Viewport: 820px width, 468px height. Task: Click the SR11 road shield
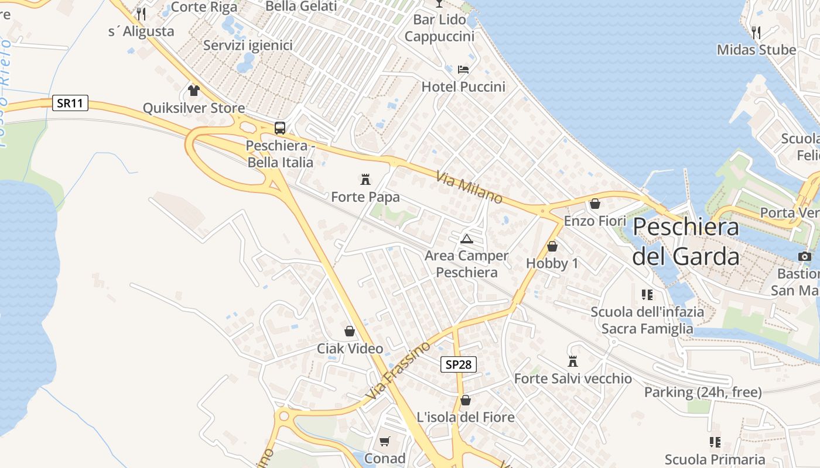point(70,104)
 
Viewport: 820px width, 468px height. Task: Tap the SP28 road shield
point(458,364)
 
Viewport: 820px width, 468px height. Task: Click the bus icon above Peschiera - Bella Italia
point(280,128)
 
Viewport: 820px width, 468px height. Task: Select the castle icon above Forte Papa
point(365,179)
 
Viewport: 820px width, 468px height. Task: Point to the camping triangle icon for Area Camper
point(466,238)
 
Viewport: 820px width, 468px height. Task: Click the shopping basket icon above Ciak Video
point(350,331)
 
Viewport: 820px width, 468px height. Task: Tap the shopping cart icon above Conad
point(384,441)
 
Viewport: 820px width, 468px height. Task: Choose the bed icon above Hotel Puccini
point(463,69)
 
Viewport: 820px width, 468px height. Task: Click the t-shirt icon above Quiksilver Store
point(194,90)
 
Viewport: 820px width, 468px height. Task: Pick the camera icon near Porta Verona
point(805,256)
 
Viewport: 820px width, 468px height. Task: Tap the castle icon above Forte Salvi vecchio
point(573,361)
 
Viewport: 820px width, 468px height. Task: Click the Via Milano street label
point(469,187)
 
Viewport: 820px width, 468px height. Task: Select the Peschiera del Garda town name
point(686,241)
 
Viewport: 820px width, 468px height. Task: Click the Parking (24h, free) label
point(703,392)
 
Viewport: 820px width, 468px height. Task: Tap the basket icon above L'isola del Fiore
point(466,400)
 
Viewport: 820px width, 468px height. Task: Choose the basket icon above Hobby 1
point(552,246)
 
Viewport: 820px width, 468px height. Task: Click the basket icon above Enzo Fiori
point(595,204)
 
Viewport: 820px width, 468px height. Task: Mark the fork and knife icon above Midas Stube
point(756,32)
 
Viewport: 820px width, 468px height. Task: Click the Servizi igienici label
point(248,45)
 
